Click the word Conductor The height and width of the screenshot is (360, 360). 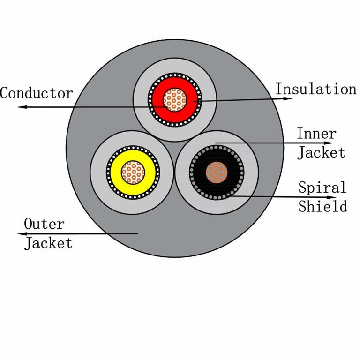[x=37, y=93]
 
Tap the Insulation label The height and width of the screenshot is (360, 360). [x=315, y=89]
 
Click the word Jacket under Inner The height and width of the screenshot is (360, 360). [x=322, y=153]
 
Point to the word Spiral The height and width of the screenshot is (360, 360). [x=322, y=188]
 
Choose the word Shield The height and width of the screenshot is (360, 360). [x=323, y=206]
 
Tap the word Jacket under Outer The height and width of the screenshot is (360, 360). [x=48, y=243]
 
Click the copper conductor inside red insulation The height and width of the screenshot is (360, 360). [x=175, y=100]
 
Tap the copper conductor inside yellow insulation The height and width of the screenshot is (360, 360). [x=133, y=172]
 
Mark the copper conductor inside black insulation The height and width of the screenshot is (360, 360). [x=217, y=172]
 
